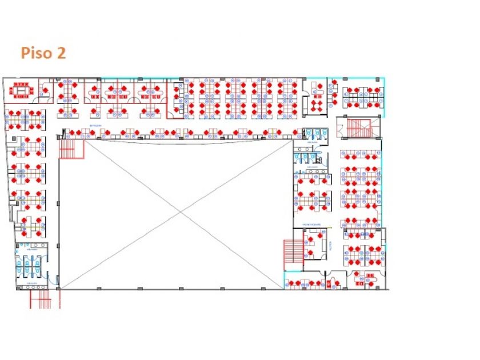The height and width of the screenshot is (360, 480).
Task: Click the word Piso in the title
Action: click(x=35, y=53)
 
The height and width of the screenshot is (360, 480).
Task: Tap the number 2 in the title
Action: click(x=61, y=53)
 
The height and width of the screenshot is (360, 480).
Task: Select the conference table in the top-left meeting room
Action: click(x=23, y=90)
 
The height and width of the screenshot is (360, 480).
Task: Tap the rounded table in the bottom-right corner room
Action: click(x=363, y=280)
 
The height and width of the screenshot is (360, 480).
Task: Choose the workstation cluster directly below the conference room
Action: click(x=25, y=119)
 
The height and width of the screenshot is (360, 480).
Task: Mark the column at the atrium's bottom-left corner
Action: click(x=59, y=289)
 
